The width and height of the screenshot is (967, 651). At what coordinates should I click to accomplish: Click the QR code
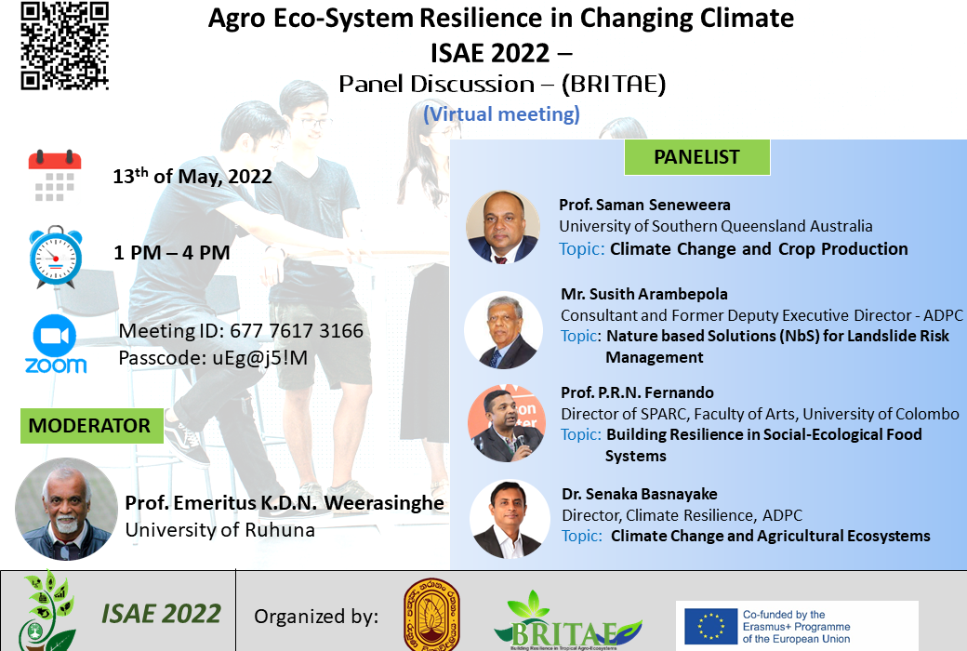(65, 46)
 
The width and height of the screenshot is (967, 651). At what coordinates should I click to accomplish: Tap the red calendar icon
(55, 175)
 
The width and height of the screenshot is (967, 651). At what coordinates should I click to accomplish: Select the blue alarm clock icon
(56, 257)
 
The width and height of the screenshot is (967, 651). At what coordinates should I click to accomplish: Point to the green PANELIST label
(696, 157)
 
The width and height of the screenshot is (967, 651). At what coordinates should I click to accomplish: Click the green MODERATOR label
(91, 426)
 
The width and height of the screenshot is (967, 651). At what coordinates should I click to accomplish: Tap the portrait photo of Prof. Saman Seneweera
(503, 227)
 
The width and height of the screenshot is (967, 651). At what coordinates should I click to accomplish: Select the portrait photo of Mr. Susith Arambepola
(503, 330)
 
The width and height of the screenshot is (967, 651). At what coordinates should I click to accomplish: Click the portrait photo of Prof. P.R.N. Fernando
(506, 423)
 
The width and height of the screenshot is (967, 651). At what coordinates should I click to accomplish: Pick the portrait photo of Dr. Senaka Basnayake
(509, 520)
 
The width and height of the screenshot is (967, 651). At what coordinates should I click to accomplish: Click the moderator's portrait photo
(66, 509)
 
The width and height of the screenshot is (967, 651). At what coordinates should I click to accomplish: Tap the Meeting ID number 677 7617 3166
(297, 331)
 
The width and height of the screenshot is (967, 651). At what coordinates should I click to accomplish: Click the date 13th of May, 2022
(192, 176)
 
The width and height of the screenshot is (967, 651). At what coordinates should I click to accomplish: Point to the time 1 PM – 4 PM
(172, 252)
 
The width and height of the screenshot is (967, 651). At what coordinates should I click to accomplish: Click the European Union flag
(711, 626)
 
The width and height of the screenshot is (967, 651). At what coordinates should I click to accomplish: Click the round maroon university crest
(431, 616)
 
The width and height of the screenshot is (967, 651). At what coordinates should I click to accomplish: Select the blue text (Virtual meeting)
(501, 114)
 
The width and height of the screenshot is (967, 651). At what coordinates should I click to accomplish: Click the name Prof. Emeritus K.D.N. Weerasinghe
(285, 503)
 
